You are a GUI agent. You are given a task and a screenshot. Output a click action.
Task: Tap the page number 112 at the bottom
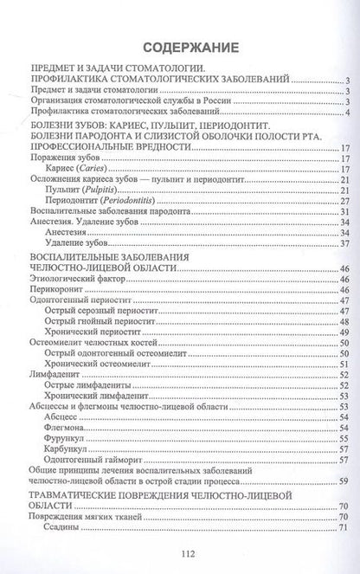(x=180, y=555)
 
